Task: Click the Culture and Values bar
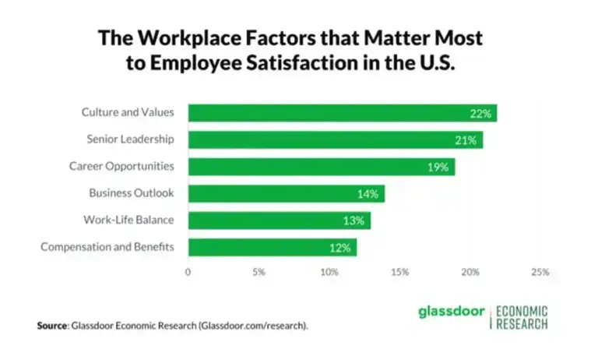(x=343, y=113)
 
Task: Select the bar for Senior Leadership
(x=336, y=140)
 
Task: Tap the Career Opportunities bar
(x=322, y=167)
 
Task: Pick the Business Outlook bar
(x=286, y=194)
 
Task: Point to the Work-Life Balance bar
(x=279, y=221)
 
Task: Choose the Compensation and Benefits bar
(x=272, y=248)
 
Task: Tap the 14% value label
(x=368, y=194)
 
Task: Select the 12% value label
(x=339, y=248)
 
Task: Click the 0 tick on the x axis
(x=188, y=273)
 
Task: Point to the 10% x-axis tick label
(x=329, y=273)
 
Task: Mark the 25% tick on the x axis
(x=540, y=273)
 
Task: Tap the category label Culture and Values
(x=128, y=113)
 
